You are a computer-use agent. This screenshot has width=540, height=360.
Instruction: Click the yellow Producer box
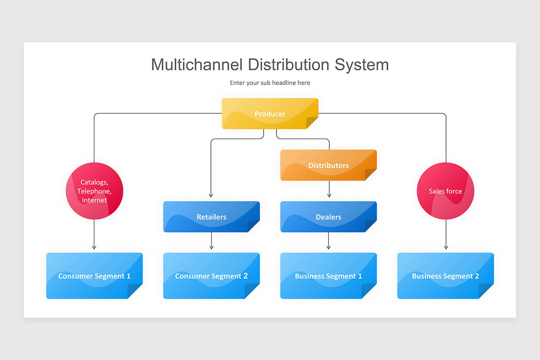270,114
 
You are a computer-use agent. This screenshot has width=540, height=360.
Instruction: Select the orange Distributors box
328,165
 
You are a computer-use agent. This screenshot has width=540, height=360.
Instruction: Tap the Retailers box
211,217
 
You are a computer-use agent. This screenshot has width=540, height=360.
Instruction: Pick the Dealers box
328,217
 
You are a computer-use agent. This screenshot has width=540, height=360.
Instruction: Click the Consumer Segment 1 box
94,276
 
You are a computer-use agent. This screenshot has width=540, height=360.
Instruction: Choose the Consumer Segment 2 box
211,276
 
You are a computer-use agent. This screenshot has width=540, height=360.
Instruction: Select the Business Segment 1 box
328,276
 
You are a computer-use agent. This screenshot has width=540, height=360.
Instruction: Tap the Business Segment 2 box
445,276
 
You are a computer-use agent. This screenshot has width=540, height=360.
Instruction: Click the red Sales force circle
445,191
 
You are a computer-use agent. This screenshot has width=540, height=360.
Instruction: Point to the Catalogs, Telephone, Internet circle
94,191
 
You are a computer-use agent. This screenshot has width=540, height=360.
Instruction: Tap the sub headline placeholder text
270,83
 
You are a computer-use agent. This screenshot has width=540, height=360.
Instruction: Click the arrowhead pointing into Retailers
211,195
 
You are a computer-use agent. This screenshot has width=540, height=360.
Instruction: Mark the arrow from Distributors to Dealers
329,189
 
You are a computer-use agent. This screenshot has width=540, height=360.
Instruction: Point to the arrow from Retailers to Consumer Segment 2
211,241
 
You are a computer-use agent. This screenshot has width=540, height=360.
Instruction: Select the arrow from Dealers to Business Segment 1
328,241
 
